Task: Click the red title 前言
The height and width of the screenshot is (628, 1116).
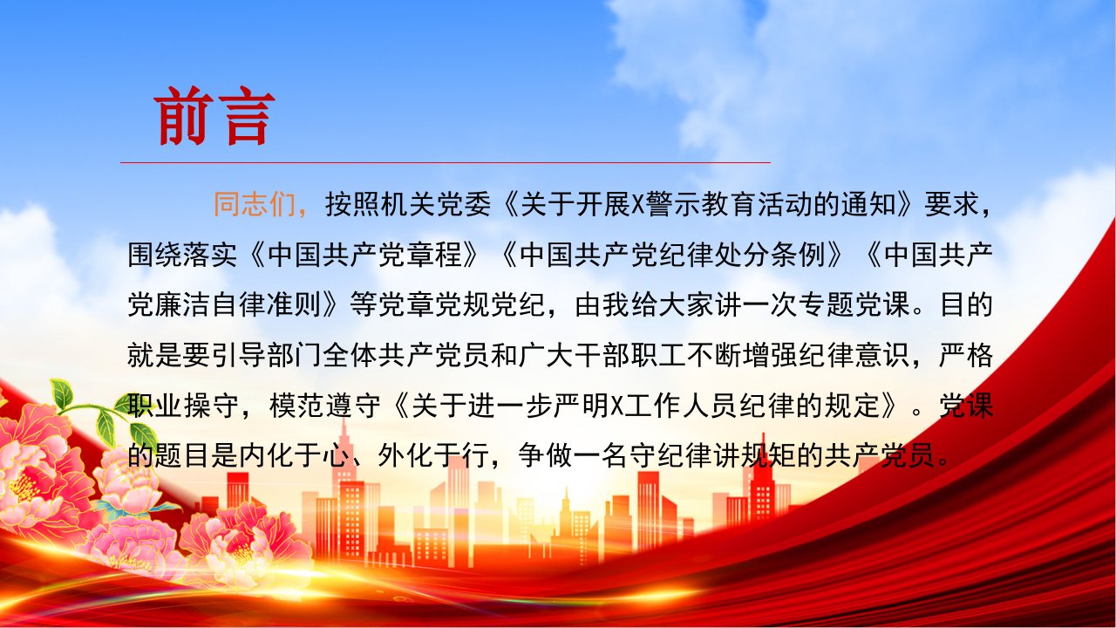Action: [x=214, y=116]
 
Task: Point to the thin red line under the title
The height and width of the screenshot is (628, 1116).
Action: [x=446, y=162]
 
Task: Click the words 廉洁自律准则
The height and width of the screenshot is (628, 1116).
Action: [x=239, y=304]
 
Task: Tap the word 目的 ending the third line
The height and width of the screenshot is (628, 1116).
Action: [x=967, y=304]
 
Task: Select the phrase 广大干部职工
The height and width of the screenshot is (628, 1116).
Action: [x=602, y=355]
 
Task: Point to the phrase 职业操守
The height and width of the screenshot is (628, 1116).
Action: [x=183, y=406]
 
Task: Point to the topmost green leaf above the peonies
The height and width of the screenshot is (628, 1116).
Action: [x=61, y=394]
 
